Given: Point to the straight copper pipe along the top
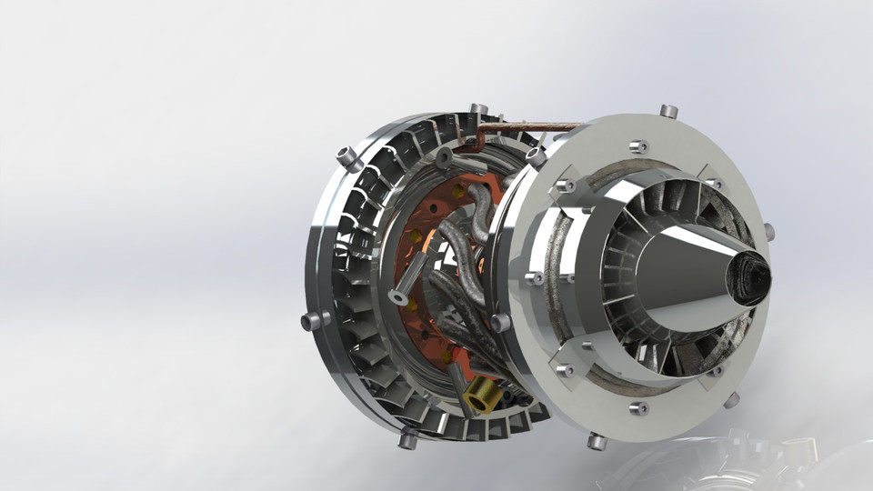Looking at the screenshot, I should [537, 126].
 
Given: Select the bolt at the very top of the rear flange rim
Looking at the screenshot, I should [668, 111].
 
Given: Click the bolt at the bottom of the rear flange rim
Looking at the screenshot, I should [597, 442].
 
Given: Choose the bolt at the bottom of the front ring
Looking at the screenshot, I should [407, 440].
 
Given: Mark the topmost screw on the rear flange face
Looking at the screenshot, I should [637, 145].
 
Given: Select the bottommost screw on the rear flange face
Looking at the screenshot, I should [638, 408].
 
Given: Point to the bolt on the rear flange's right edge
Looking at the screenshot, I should [768, 231].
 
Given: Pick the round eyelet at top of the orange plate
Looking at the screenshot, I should [444, 159].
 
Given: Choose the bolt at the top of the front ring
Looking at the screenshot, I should [478, 110].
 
